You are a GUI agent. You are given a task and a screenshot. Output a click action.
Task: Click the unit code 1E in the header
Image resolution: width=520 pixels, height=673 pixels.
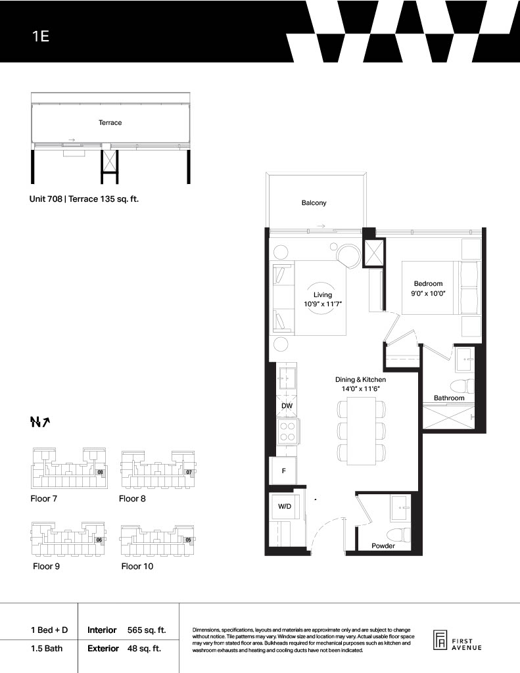coord(41,36)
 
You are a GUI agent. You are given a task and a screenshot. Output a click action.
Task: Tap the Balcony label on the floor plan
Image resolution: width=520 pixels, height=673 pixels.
coord(314,202)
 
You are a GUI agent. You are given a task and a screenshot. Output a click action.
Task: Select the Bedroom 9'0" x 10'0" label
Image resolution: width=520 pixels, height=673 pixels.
coord(428,289)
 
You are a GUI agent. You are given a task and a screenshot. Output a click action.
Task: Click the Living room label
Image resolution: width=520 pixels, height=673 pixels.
coord(323,299)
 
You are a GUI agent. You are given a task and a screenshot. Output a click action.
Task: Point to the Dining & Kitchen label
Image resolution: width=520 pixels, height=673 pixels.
coord(361,384)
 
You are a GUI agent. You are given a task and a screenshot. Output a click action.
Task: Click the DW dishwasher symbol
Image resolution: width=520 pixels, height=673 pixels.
coord(287,406)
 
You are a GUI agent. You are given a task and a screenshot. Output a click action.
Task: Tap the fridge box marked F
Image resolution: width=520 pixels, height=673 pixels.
coord(283,471)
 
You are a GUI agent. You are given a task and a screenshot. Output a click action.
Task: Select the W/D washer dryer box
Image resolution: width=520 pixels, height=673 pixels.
coord(284,507)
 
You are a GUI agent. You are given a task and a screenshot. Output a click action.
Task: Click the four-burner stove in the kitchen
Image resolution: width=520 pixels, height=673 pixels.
coord(287,432)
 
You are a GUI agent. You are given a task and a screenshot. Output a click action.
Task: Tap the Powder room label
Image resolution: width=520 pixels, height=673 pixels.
coord(383,546)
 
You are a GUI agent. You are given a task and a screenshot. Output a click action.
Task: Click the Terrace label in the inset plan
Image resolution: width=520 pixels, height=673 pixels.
coord(110,123)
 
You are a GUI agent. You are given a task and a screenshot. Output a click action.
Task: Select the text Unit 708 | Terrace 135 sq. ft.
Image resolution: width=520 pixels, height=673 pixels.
coord(84,199)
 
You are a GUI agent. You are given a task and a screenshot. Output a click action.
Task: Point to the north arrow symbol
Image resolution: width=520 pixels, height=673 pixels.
coord(40,423)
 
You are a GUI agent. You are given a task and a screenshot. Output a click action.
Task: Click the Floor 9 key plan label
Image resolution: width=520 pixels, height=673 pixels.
coord(47,566)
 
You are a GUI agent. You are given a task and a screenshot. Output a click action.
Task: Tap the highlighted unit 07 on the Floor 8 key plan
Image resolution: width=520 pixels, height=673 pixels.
coord(189,473)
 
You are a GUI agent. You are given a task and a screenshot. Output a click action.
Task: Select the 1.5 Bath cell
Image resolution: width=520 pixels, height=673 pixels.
coord(47,648)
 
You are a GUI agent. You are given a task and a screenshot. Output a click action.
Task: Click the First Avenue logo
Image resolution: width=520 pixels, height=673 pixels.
coord(458,641)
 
